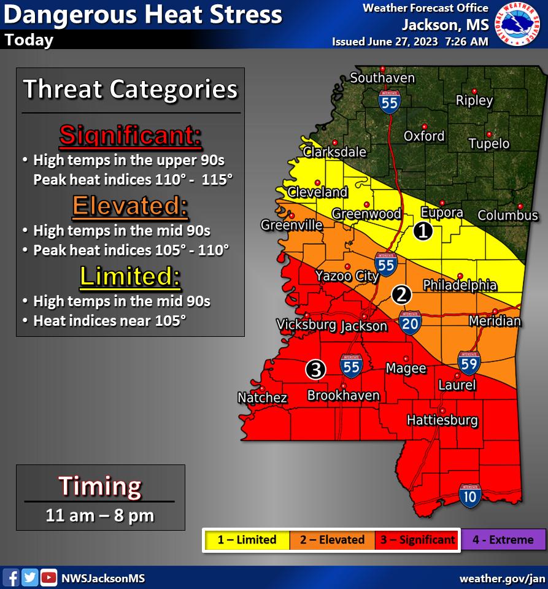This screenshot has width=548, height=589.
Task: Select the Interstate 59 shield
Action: pyautogui.click(x=469, y=363)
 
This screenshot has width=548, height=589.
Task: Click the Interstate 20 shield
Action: pyautogui.click(x=410, y=321)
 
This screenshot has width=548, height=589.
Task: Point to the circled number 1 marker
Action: pyautogui.click(x=423, y=231)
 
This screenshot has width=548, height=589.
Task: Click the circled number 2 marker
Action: pyautogui.click(x=401, y=294)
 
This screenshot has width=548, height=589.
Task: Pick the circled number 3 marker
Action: pyautogui.click(x=315, y=369)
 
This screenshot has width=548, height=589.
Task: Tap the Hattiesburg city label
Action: pyautogui.click(x=442, y=420)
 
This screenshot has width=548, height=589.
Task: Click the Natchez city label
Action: pyautogui.click(x=262, y=398)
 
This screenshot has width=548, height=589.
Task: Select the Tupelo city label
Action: pyautogui.click(x=489, y=144)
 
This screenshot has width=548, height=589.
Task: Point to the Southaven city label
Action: pyautogui.click(x=382, y=78)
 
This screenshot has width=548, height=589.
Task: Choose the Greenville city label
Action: pyautogui.click(x=291, y=225)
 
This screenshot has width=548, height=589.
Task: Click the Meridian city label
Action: pyautogui.click(x=495, y=321)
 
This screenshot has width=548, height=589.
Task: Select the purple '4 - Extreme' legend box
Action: pyautogui.click(x=503, y=540)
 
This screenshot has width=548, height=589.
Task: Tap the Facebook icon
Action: pyautogui.click(x=11, y=577)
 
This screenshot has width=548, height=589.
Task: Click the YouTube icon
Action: pyautogui.click(x=48, y=577)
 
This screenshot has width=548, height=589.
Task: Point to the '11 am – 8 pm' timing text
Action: pyautogui.click(x=100, y=515)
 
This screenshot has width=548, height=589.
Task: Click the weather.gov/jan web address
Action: pyautogui.click(x=502, y=578)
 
